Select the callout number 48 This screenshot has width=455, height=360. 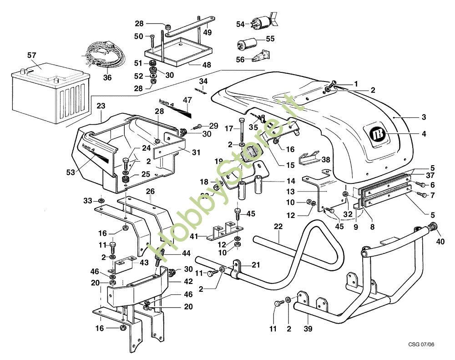click(207, 65)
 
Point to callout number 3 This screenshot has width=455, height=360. click(424, 117)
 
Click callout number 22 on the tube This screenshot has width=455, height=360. click(278, 227)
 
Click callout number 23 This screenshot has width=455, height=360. click(101, 106)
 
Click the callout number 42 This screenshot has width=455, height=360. click(176, 282)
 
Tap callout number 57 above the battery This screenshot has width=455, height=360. click(32, 55)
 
